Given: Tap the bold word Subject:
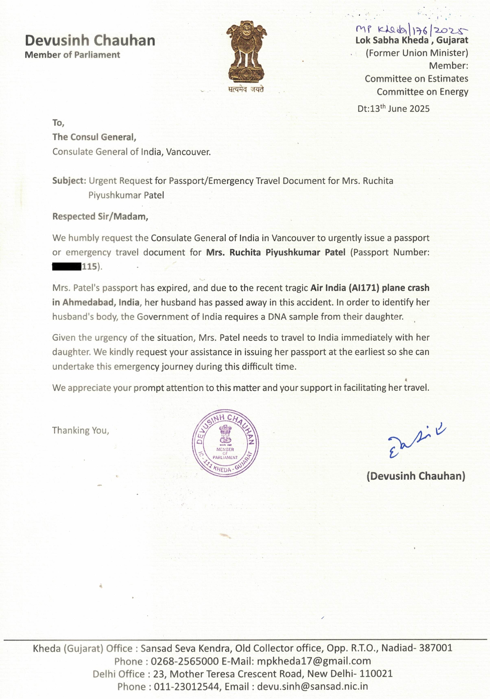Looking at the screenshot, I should (x=69, y=181).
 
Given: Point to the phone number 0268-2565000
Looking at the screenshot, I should (x=184, y=661).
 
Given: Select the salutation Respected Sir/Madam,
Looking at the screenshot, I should (x=100, y=216).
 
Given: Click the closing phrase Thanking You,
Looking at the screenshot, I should (x=80, y=430).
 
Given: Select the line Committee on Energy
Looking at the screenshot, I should (x=422, y=92).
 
